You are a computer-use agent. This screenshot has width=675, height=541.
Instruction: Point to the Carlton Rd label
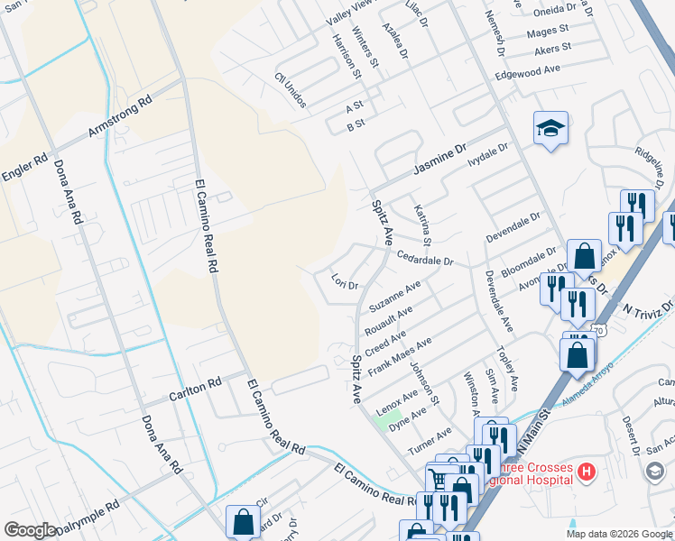coord(195,390)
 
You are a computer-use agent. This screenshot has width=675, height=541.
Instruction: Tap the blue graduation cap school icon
coord(550,128)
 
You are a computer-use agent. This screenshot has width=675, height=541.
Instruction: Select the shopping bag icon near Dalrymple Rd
coord(243,520)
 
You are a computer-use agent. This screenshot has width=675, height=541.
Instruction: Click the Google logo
coord(30,529)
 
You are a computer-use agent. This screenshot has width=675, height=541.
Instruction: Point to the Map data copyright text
coord(618,534)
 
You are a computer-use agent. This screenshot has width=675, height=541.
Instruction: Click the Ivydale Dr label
coord(488,154)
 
